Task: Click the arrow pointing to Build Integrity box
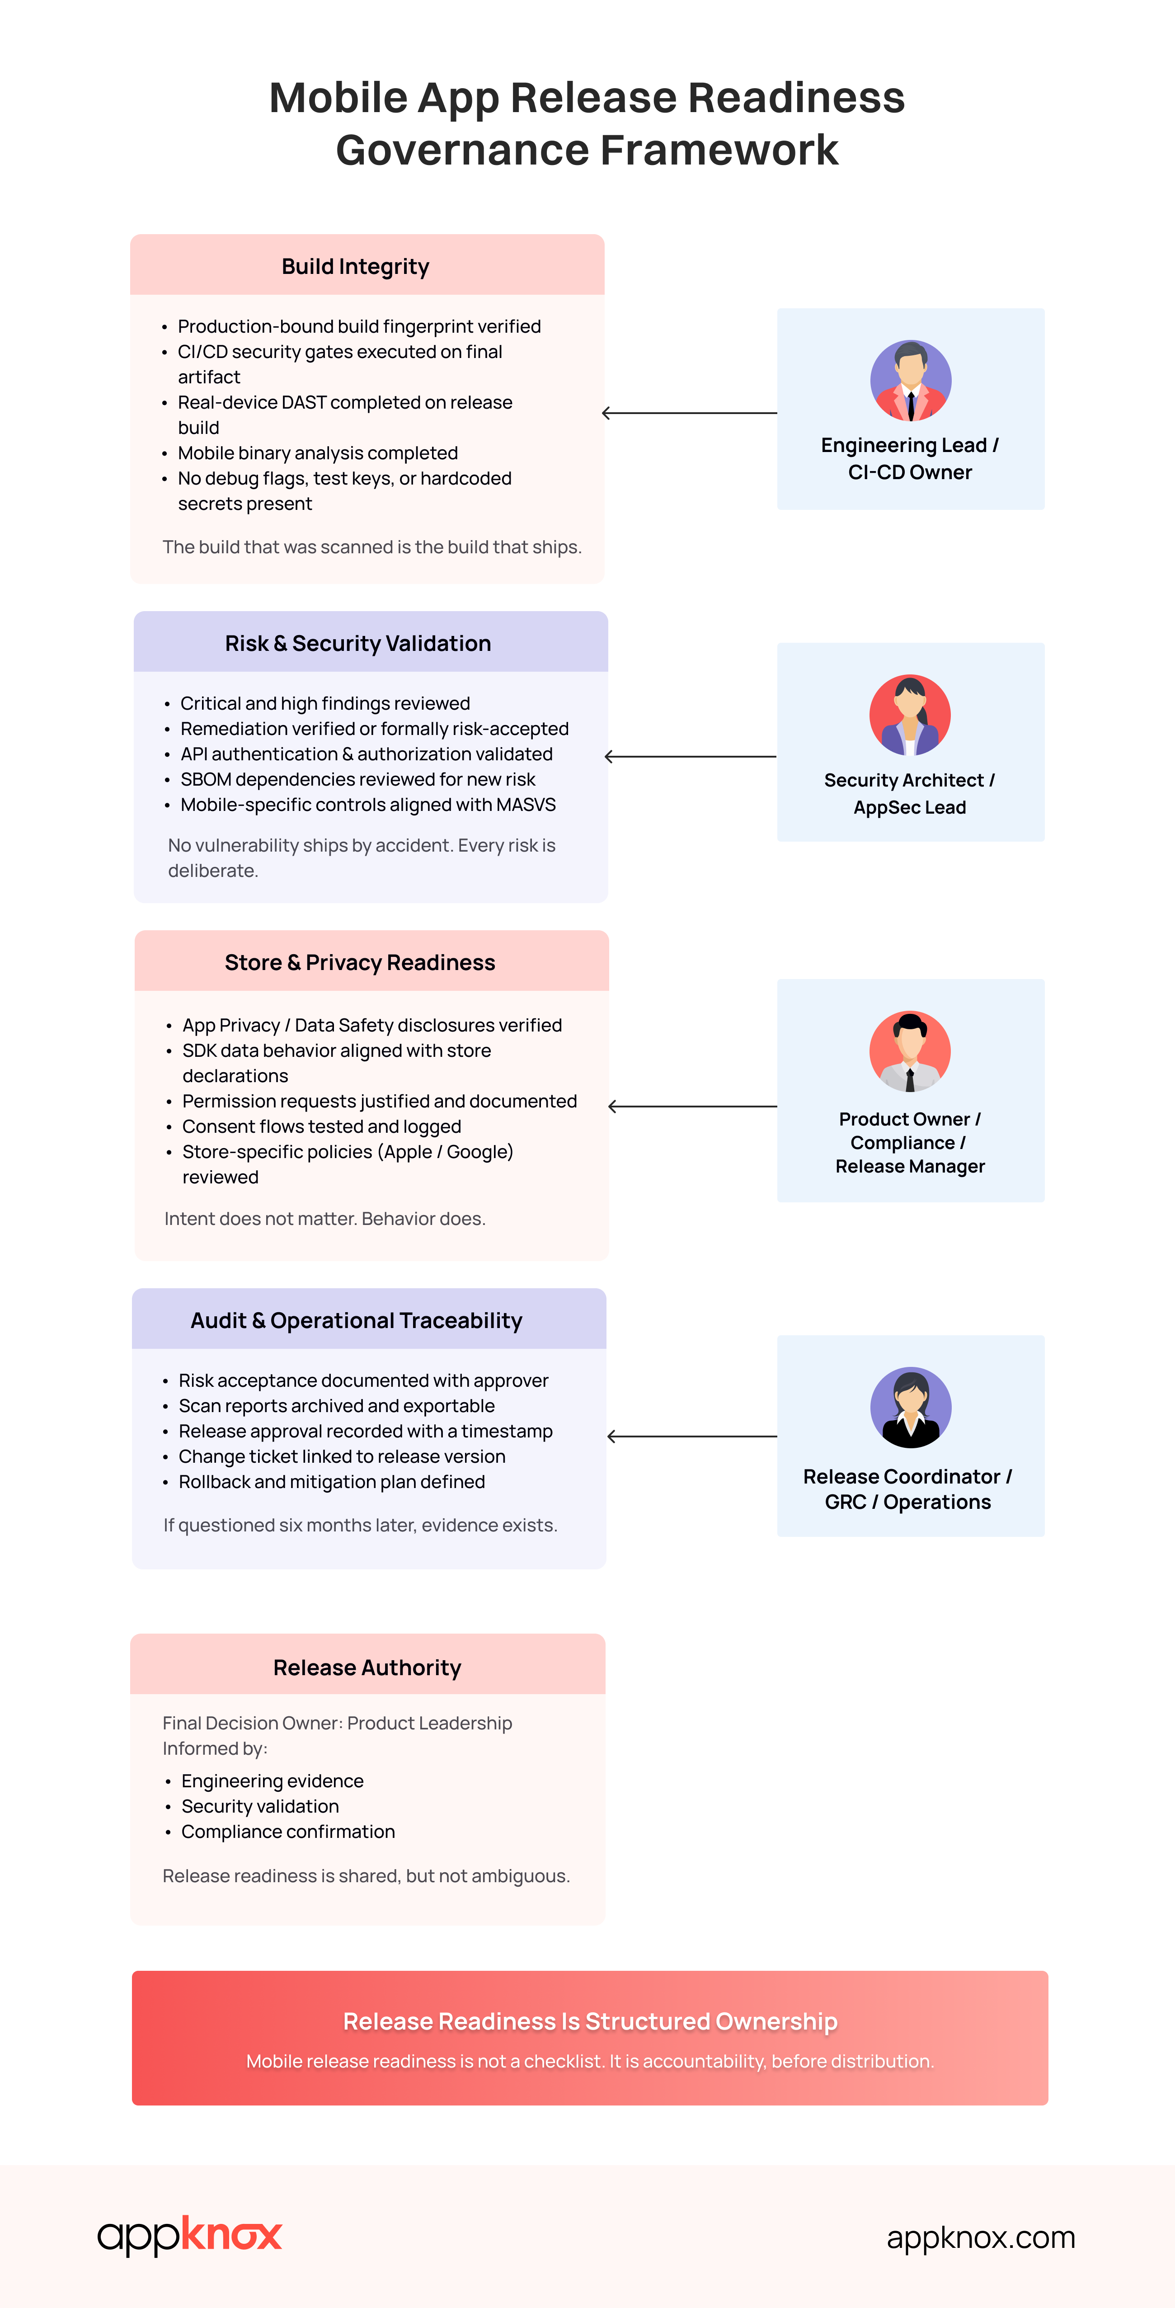click(690, 413)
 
